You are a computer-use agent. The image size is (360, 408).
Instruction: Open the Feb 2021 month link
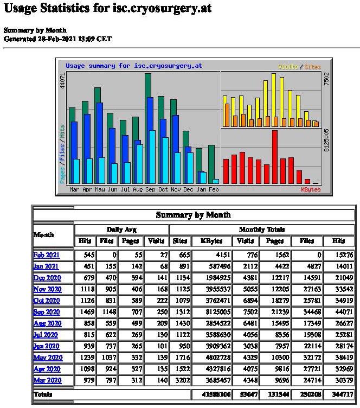46,255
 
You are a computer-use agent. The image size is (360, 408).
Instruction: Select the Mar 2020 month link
47,381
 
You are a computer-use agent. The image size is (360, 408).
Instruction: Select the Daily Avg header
121,229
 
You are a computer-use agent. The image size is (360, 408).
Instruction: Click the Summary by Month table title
193,215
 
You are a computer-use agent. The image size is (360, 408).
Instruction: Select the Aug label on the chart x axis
138,190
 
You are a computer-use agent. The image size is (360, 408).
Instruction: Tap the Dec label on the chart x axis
188,190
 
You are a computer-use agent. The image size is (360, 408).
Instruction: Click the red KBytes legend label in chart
311,190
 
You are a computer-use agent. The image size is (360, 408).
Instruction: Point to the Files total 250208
307,395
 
